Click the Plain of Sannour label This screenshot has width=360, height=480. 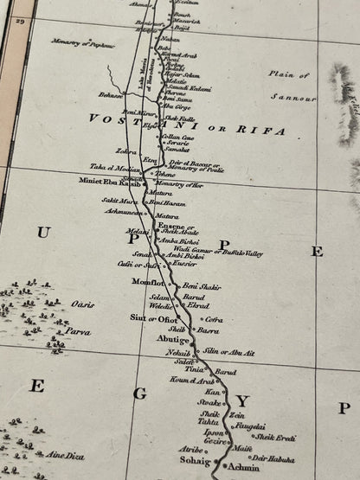click(291, 84)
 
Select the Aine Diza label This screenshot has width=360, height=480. click(66, 455)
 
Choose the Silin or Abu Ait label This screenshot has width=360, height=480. click(228, 353)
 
